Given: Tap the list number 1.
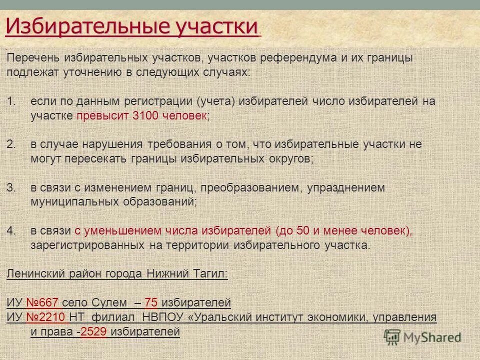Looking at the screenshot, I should tap(11, 101).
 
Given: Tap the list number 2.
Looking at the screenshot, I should tap(11, 144).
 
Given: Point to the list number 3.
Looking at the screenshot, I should tap(11, 188).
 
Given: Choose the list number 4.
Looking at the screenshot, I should tap(11, 231).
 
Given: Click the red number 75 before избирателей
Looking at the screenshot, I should tap(151, 302).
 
